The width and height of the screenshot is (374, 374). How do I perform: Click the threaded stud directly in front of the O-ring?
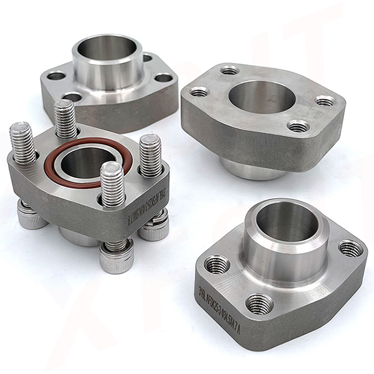[x=112, y=184]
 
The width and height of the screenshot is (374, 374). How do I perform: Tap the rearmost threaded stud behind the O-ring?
[x=65, y=118]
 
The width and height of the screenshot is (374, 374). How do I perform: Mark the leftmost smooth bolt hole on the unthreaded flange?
[x=56, y=77]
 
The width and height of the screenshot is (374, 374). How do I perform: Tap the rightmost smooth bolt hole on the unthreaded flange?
[x=163, y=78]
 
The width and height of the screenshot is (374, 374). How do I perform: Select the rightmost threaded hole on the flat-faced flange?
[x=325, y=100]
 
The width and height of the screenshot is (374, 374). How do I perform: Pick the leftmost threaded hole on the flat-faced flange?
[x=199, y=92]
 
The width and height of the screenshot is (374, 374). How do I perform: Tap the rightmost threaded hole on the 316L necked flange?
[x=350, y=249]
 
